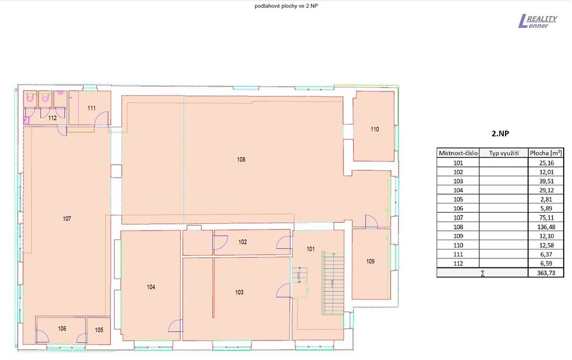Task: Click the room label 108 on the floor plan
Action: (241, 160)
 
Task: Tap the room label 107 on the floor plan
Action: (67, 219)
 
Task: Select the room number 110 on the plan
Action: (375, 129)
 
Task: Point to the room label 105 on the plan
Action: (99, 330)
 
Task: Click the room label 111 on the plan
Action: (92, 108)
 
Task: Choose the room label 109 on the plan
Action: (370, 261)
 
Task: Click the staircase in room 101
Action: (333, 283)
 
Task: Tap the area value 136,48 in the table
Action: (546, 227)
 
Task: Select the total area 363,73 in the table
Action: (546, 272)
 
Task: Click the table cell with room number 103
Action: (458, 181)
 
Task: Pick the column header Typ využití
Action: (504, 153)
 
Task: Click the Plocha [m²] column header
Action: (546, 153)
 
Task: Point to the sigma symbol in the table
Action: (483, 273)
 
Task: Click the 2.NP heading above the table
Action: (500, 133)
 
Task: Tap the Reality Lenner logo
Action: (538, 21)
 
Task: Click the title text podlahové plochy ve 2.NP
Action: (287, 6)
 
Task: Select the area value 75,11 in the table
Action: (546, 218)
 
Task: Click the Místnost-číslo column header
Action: (458, 153)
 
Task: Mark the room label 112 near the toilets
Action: (53, 118)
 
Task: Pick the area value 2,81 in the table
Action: (546, 199)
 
